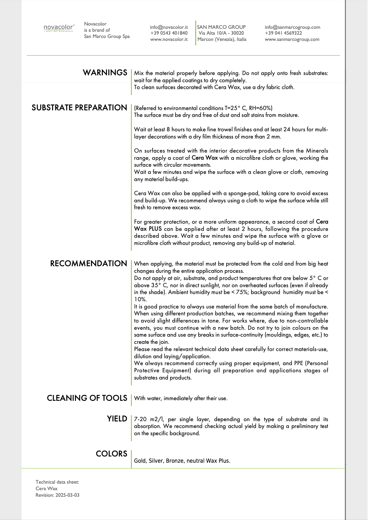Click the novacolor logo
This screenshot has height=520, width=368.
(x=59, y=28)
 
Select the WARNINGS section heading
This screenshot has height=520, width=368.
(x=105, y=73)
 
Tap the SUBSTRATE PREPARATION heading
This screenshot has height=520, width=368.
(x=79, y=108)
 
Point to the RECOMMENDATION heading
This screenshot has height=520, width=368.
(x=88, y=264)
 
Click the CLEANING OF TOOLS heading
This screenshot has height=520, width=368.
(x=87, y=398)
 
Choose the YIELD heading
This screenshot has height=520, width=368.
(x=117, y=419)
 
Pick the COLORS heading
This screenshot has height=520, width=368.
(x=111, y=454)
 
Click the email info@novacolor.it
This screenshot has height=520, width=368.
(x=169, y=27)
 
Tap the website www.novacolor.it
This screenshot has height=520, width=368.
(x=169, y=39)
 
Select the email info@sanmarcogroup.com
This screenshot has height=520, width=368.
(x=292, y=27)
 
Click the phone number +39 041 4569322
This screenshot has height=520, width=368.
(x=283, y=33)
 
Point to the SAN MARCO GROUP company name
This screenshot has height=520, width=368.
(x=221, y=27)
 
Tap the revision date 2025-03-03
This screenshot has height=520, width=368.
(x=67, y=495)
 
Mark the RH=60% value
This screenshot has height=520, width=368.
(x=261, y=108)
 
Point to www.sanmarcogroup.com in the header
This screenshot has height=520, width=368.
(x=292, y=39)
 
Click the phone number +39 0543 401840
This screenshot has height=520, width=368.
(x=169, y=33)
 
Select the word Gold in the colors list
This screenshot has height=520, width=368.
(x=140, y=461)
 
